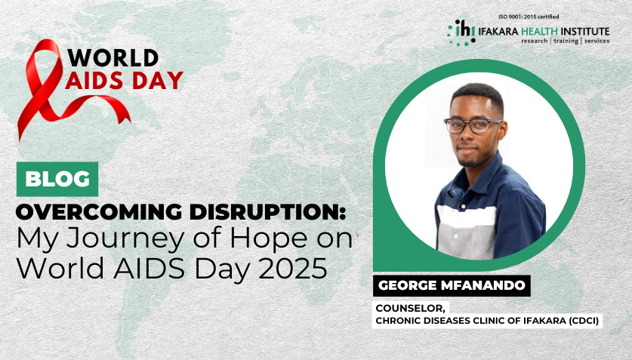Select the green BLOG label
click(57, 179)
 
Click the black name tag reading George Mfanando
click(452, 287)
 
